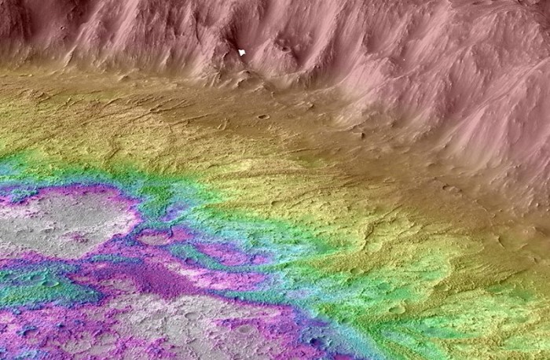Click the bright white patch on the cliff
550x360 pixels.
(243, 53)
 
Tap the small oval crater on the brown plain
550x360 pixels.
(262, 117)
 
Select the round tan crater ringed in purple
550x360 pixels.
(155, 237)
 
